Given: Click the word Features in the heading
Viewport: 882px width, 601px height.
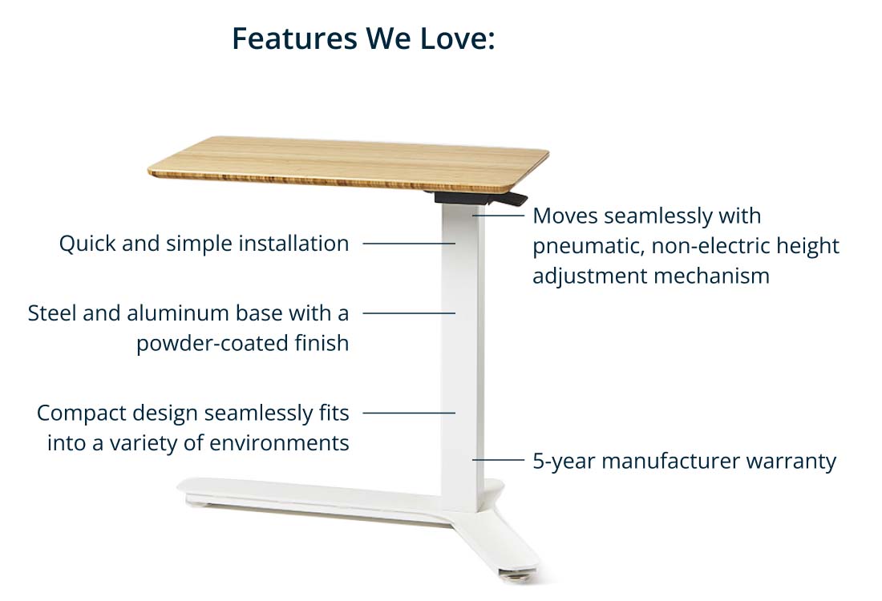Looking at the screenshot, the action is coord(294,38).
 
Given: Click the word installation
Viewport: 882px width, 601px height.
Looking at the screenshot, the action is coord(293,244).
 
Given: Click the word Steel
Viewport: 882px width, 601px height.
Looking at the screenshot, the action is coord(52,313).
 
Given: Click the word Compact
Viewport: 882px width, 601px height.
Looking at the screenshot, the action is coord(81,413).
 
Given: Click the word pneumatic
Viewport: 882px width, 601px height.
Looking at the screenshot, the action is coord(588,247).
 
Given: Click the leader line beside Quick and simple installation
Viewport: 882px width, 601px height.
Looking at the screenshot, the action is coord(409,244).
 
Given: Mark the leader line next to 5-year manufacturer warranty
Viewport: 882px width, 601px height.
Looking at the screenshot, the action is coord(498,460).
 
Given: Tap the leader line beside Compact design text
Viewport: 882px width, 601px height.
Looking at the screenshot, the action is coord(409,413).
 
